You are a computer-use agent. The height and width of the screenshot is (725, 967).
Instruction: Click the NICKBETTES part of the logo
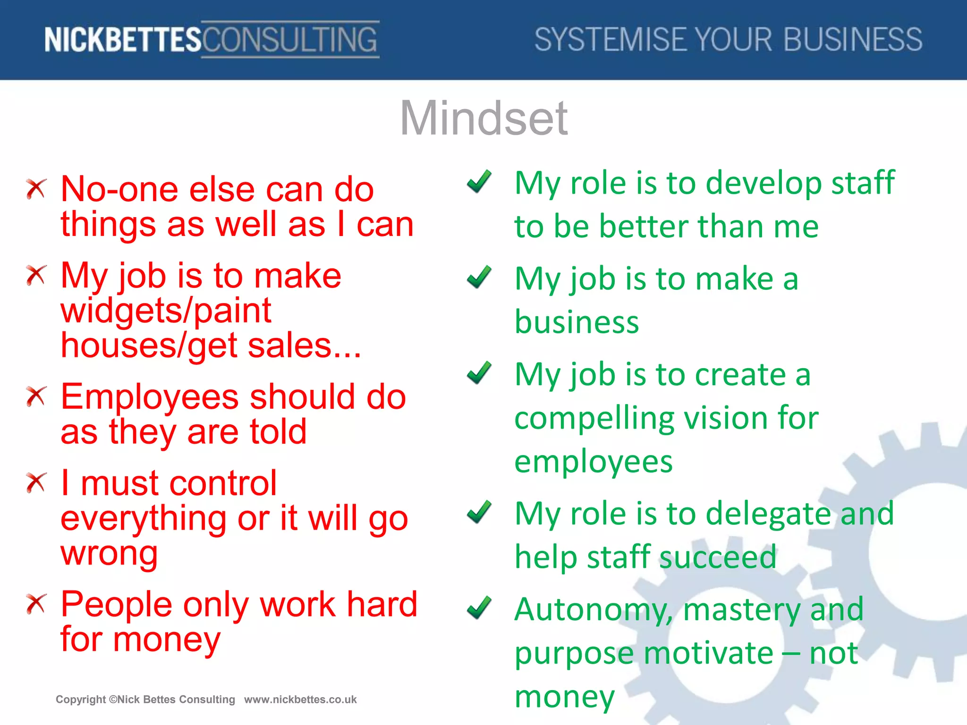pyautogui.click(x=123, y=40)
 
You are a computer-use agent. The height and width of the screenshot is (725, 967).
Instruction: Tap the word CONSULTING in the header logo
pyautogui.click(x=290, y=40)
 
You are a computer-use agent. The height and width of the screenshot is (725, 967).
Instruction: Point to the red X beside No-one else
pyautogui.click(x=36, y=189)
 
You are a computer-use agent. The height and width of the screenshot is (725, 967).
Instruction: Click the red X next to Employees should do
pyautogui.click(x=36, y=396)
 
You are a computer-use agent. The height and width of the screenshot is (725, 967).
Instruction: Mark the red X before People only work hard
pyautogui.click(x=36, y=604)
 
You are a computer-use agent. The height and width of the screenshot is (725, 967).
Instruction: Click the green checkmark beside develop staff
pyautogui.click(x=479, y=182)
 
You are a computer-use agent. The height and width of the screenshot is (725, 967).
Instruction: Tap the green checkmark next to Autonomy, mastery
pyautogui.click(x=479, y=607)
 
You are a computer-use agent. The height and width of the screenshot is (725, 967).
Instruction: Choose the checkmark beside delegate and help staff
pyautogui.click(x=479, y=512)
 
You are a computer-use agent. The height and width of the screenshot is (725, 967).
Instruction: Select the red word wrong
pyautogui.click(x=109, y=554)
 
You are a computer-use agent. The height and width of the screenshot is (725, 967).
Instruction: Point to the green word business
pyautogui.click(x=577, y=322)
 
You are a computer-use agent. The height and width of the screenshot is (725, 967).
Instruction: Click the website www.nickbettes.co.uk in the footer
pyautogui.click(x=300, y=700)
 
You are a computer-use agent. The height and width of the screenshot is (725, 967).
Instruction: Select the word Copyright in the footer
pyautogui.click(x=81, y=700)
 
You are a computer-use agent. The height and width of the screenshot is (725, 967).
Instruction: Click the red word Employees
pyautogui.click(x=150, y=397)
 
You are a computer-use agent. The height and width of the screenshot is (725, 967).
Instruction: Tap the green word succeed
pyautogui.click(x=718, y=557)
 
